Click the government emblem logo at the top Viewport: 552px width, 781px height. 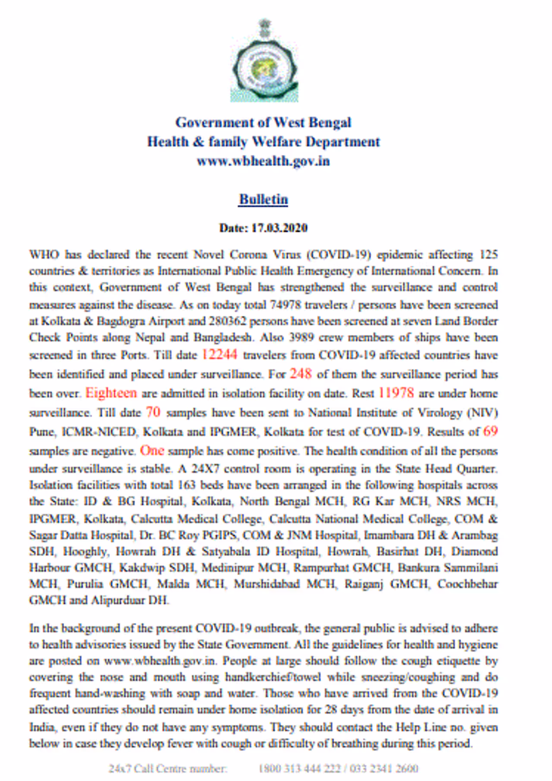click(x=264, y=60)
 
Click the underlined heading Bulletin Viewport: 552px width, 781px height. click(x=263, y=199)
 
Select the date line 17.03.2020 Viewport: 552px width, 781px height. click(x=263, y=228)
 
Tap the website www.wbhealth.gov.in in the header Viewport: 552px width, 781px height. click(x=263, y=161)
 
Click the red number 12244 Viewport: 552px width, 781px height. click(x=219, y=355)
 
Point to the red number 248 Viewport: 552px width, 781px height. click(x=301, y=374)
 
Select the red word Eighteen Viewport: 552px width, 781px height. click(x=111, y=393)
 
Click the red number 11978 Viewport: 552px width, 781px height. click(x=396, y=393)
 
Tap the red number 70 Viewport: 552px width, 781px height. click(x=153, y=412)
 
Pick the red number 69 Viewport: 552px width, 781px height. click(x=490, y=431)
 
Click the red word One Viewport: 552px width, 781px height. click(x=152, y=450)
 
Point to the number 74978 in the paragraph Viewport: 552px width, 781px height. click(x=285, y=305)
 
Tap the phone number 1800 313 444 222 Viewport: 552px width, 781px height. click(x=299, y=768)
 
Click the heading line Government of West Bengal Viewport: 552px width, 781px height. click(x=263, y=123)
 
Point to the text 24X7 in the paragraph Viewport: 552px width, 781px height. click(x=205, y=469)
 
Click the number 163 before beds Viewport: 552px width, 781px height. click(x=186, y=485)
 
